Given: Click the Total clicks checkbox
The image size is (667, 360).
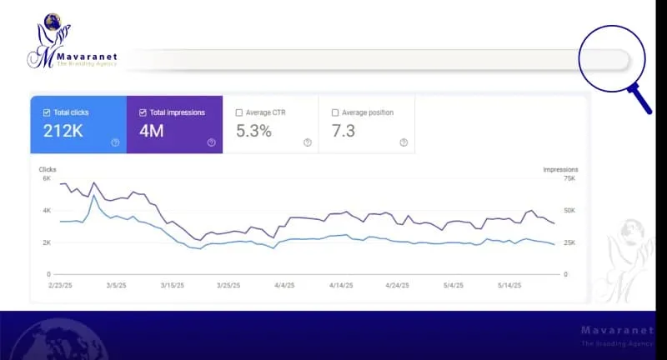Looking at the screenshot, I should pyautogui.click(x=46, y=112).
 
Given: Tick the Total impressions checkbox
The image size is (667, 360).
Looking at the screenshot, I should pyautogui.click(x=143, y=112).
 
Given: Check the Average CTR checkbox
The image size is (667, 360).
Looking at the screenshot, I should pyautogui.click(x=239, y=112).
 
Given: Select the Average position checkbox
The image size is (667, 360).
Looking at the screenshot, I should pyautogui.click(x=335, y=112).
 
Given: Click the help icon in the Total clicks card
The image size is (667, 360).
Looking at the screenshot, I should pyautogui.click(x=115, y=142).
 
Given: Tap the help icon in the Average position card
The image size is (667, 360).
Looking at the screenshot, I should pyautogui.click(x=404, y=142).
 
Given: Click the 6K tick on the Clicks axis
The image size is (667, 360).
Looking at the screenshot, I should pyautogui.click(x=46, y=178).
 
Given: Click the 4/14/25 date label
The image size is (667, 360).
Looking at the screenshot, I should pyautogui.click(x=343, y=285).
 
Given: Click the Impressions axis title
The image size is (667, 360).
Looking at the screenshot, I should pyautogui.click(x=560, y=169).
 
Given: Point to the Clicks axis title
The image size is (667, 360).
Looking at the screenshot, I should pyautogui.click(x=48, y=169).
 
